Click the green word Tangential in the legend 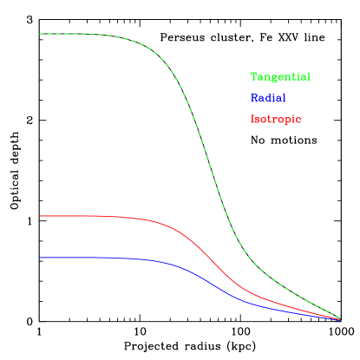point(280,77)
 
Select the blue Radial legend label point(268,98)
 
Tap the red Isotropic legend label point(276,119)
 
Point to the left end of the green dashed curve point(40,34)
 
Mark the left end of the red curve point(40,215)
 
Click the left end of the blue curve point(40,258)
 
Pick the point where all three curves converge point(340,320)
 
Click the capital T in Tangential point(254,77)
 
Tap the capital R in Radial point(254,98)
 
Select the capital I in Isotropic point(253,119)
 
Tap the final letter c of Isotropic point(298,119)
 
